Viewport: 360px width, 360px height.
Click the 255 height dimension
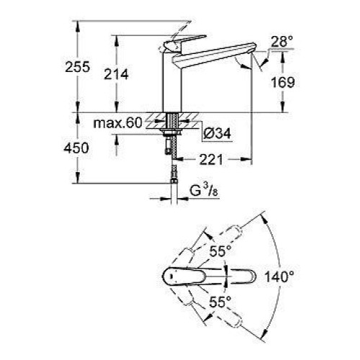[78, 66]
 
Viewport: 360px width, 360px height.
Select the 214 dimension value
[116, 74]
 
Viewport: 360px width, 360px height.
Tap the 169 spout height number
[283, 82]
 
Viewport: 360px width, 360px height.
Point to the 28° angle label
[282, 42]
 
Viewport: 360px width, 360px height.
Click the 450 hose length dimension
[76, 148]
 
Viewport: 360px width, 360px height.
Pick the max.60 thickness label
[118, 123]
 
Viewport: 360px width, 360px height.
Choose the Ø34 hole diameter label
[217, 133]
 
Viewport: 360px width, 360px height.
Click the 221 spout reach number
[211, 159]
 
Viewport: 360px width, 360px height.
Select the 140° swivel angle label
[279, 276]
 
